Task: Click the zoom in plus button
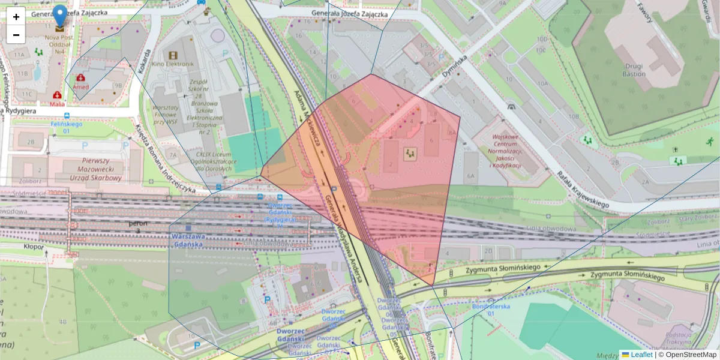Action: pos(16,17)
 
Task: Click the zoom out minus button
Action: pos(16,35)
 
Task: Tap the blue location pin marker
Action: pos(60,15)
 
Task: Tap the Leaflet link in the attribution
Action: pos(641,355)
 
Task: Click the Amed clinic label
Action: pos(80,86)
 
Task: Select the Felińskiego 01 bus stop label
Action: pos(65,127)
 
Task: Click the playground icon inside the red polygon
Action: pos(410,154)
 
